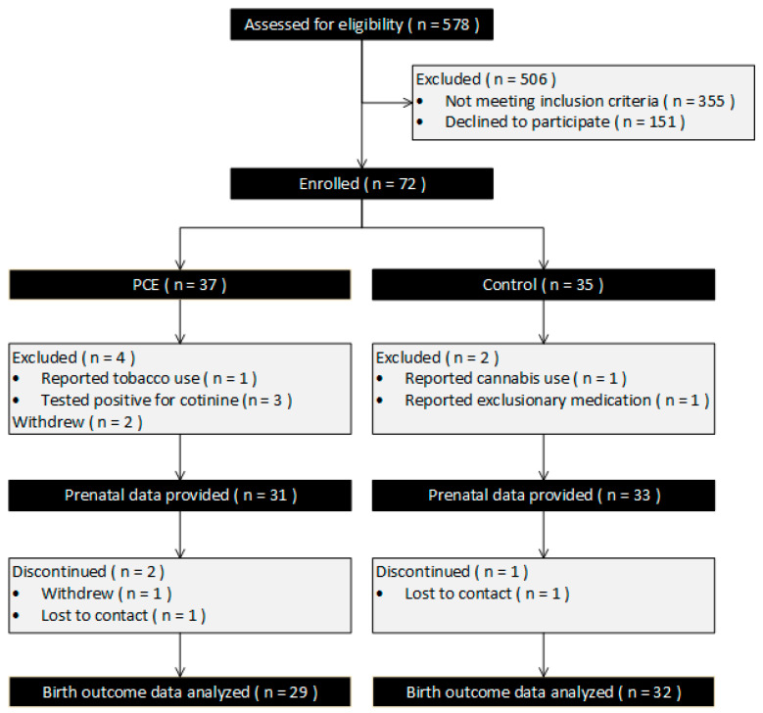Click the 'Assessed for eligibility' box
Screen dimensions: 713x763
pos(361,24)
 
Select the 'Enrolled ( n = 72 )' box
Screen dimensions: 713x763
pos(361,182)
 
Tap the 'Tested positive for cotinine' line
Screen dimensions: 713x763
pos(157,401)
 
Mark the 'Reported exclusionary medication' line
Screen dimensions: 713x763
pos(549,401)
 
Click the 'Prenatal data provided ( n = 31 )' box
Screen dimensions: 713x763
pos(180,496)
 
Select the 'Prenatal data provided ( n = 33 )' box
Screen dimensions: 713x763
pos(544,496)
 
